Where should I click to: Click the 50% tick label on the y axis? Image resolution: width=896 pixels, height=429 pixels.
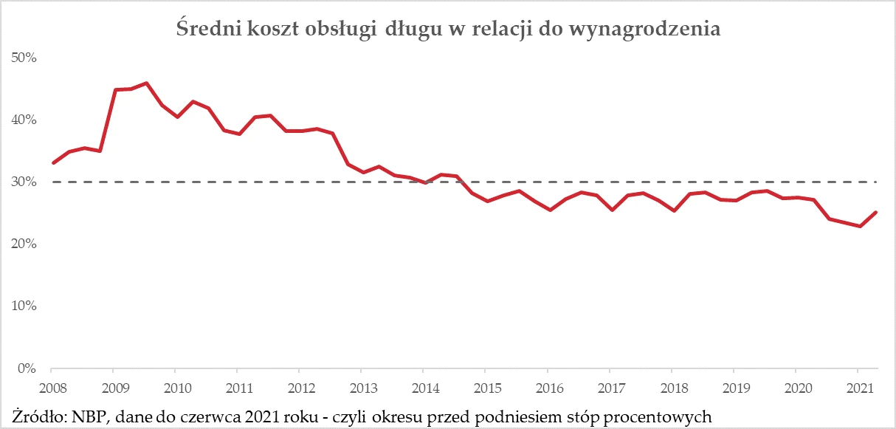click(23, 58)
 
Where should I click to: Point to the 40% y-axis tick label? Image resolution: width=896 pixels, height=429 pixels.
click(23, 120)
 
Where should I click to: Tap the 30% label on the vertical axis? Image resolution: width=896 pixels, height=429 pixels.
click(23, 182)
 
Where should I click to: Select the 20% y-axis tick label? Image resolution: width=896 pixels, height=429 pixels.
click(23, 244)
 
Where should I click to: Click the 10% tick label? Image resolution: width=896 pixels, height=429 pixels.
click(23, 306)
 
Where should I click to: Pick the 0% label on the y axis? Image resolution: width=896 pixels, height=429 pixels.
click(26, 368)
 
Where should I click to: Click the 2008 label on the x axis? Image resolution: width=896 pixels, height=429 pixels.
click(50, 388)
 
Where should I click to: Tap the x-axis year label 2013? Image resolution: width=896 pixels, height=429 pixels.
click(360, 388)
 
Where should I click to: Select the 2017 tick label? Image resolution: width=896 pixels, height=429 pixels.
click(609, 388)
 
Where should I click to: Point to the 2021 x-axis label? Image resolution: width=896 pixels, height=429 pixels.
click(857, 388)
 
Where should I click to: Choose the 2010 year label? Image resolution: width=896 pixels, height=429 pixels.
click(174, 388)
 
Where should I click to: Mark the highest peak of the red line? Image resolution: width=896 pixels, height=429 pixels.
click(146, 83)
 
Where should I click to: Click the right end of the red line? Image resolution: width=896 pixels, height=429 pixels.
click(875, 212)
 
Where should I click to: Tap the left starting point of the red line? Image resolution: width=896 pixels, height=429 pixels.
click(52, 163)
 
